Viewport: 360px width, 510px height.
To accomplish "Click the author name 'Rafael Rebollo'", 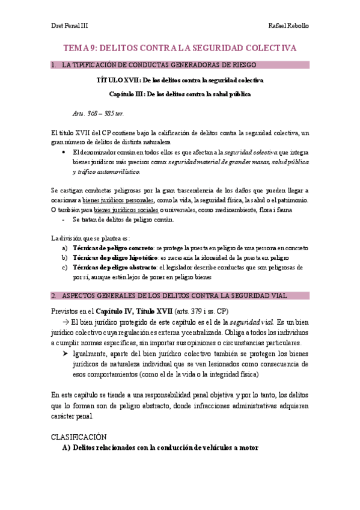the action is coord(289,26).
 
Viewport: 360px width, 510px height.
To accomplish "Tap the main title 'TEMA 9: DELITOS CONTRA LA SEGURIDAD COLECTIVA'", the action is coord(180,48).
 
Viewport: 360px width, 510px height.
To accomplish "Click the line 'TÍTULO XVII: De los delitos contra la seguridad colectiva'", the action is coord(180,79).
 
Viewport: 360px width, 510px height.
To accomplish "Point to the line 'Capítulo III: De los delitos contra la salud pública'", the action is coord(180,94).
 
